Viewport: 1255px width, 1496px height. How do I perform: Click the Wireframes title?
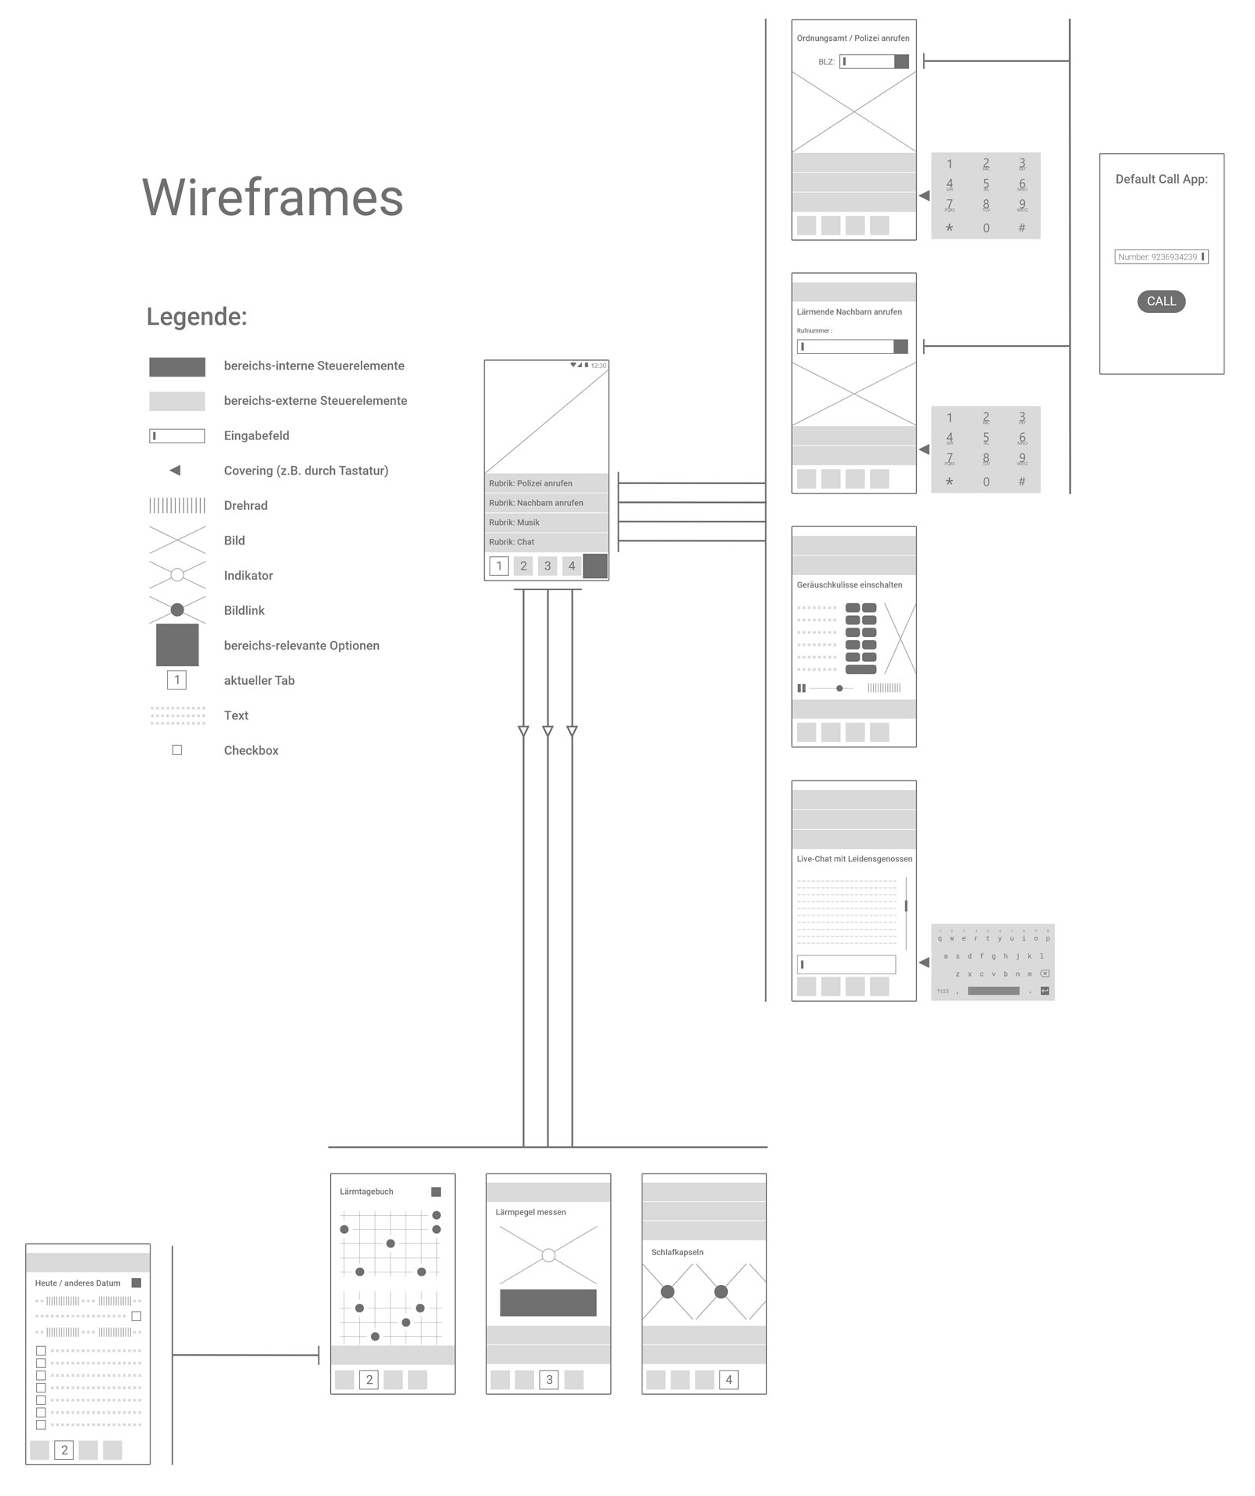click(x=272, y=197)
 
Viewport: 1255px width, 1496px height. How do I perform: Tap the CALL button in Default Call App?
click(x=1161, y=301)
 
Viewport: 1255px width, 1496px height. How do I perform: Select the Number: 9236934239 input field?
click(x=1161, y=257)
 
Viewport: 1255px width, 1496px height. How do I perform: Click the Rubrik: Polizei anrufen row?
click(x=546, y=483)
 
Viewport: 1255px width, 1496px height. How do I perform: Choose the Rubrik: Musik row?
click(x=546, y=522)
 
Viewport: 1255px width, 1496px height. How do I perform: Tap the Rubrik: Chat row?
click(x=546, y=542)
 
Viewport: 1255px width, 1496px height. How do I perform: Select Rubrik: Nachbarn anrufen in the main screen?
click(x=546, y=503)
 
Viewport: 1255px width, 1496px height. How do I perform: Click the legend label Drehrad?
click(x=246, y=506)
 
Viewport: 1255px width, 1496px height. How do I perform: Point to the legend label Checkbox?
click(x=251, y=751)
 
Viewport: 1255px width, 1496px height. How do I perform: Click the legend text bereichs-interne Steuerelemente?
click(x=314, y=366)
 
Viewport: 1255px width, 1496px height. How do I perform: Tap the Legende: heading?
click(x=196, y=317)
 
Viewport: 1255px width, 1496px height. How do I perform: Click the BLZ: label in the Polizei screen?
click(x=826, y=62)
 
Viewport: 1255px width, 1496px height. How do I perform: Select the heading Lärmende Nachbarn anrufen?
click(x=849, y=312)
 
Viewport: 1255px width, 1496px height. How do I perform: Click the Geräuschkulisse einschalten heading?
click(x=849, y=585)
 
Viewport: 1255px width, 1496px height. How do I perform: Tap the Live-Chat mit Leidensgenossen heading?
click(x=854, y=859)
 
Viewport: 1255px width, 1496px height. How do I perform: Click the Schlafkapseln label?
click(x=677, y=1253)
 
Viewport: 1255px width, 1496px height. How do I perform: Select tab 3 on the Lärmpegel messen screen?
click(x=549, y=1380)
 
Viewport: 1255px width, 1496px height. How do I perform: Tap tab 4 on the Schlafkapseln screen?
click(x=729, y=1380)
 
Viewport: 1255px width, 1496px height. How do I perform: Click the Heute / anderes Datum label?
click(x=78, y=1283)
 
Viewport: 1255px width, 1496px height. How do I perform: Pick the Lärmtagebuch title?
click(x=366, y=1192)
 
